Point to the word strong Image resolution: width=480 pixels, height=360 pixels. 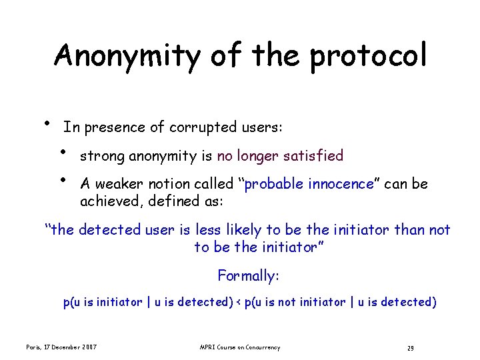tap(102, 157)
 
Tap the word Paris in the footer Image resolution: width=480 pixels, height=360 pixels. tap(35, 347)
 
